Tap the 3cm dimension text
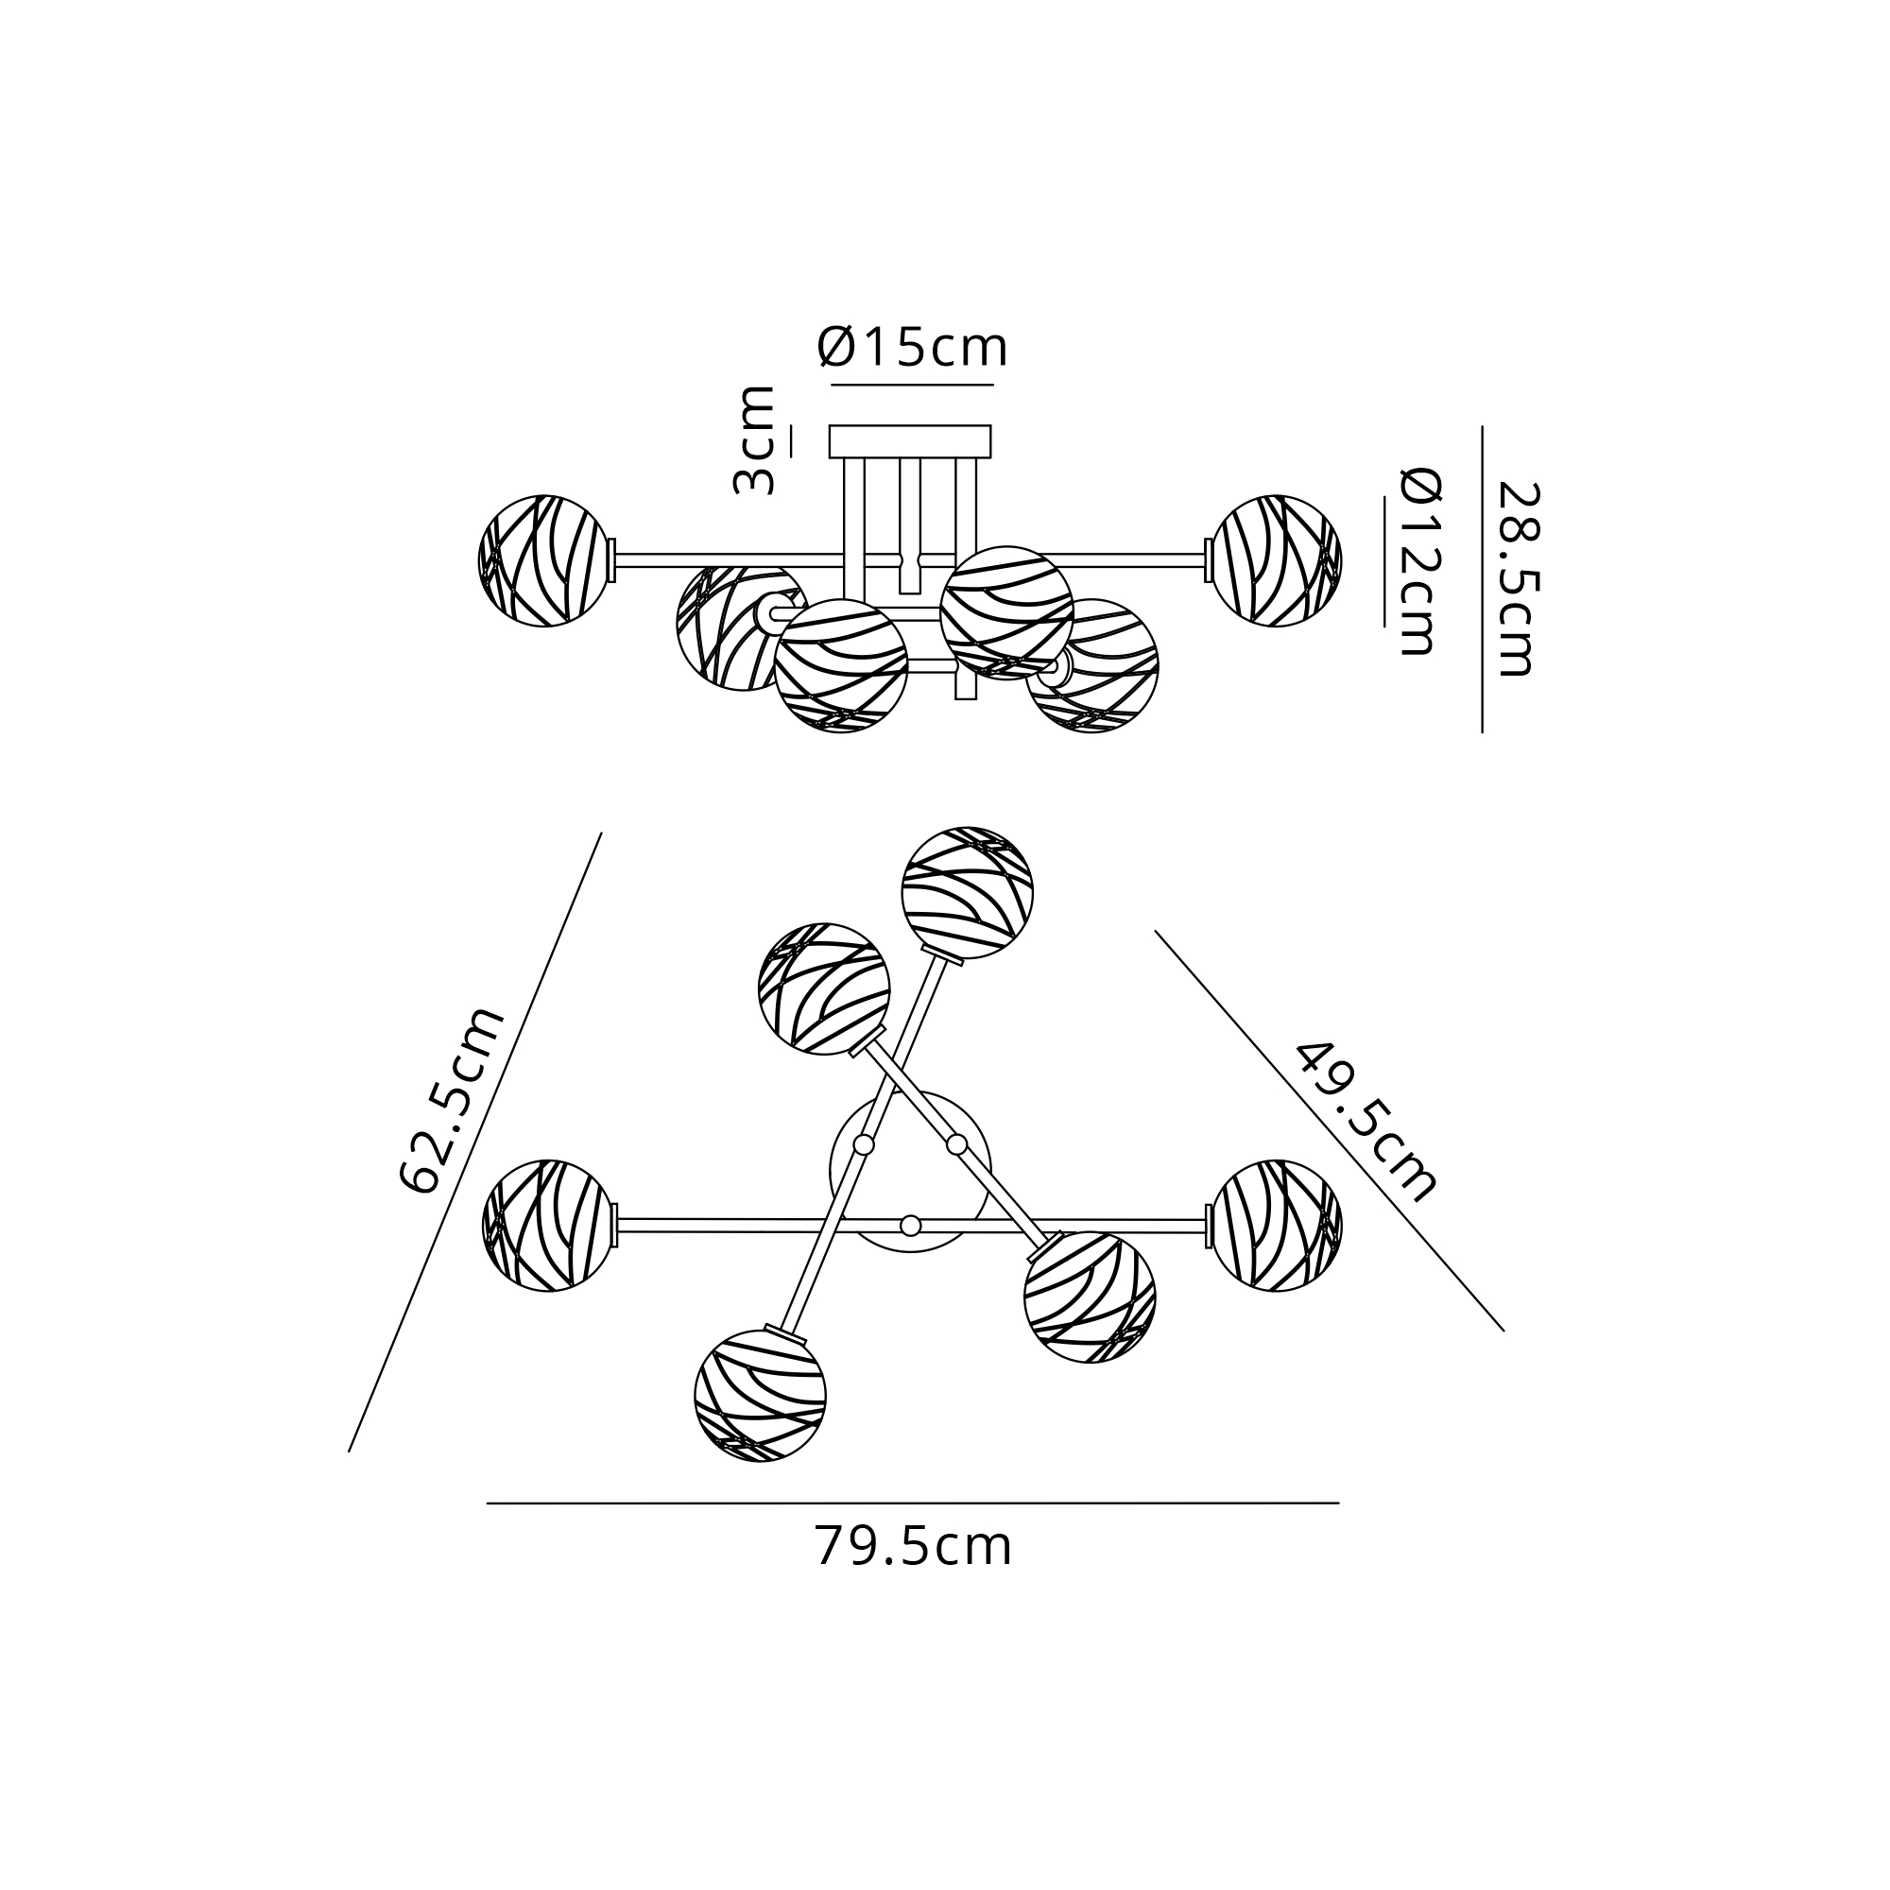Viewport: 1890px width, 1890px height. (754, 440)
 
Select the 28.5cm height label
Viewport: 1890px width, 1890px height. (1518, 579)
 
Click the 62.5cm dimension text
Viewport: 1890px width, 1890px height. (453, 1100)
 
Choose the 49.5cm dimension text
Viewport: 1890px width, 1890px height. (1366, 1121)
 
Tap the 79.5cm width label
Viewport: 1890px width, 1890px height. (913, 1547)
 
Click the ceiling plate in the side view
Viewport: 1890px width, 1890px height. (910, 441)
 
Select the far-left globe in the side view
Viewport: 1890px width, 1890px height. (544, 560)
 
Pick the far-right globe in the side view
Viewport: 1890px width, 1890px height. (1276, 560)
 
